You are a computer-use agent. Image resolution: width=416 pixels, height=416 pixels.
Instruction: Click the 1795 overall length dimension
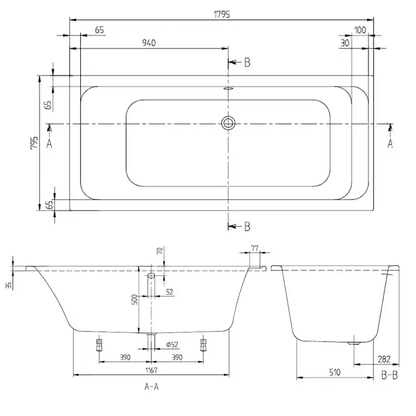pos(222,14)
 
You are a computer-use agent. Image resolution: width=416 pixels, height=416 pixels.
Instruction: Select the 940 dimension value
pos(149,43)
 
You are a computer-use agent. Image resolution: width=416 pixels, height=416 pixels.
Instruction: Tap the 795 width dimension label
pos(34,143)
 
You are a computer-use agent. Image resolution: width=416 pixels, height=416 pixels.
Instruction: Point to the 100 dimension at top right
pos(360,30)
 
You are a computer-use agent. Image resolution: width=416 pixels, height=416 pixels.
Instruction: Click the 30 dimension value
pos(345,43)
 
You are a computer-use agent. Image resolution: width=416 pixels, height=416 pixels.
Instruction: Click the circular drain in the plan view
pos(228,123)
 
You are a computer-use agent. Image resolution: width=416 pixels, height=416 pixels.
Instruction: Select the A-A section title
pos(151,386)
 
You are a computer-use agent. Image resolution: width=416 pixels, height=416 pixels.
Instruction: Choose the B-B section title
pos(389,375)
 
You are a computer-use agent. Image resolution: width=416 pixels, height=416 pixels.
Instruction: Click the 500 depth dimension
pos(134,300)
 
